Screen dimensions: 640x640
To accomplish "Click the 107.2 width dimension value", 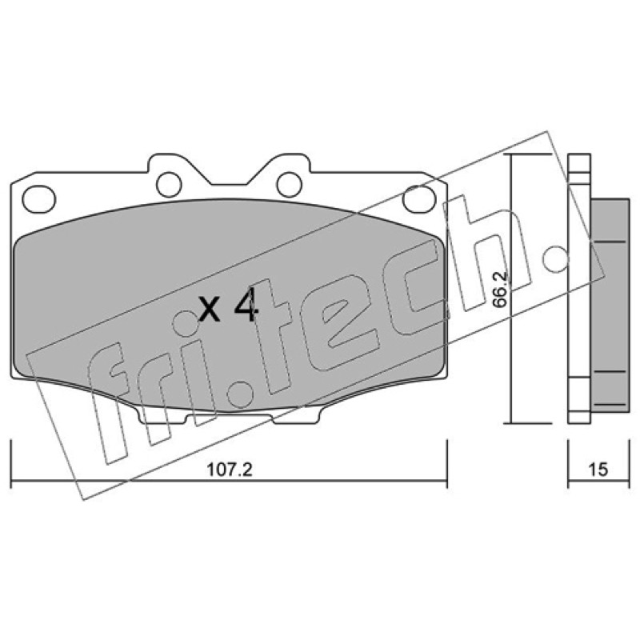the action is click(230, 470).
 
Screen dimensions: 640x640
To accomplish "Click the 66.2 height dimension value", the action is click(499, 289).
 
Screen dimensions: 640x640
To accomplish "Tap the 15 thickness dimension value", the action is click(598, 470).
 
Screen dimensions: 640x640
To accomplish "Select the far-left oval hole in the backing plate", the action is click(38, 198).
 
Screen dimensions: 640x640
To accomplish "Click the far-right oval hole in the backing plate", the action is click(419, 198).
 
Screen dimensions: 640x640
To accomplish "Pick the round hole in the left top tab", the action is click(169, 185).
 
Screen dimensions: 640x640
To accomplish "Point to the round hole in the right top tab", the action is click(290, 185).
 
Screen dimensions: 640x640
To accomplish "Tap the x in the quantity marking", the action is click(210, 309).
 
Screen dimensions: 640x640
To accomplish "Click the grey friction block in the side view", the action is click(610, 306).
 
